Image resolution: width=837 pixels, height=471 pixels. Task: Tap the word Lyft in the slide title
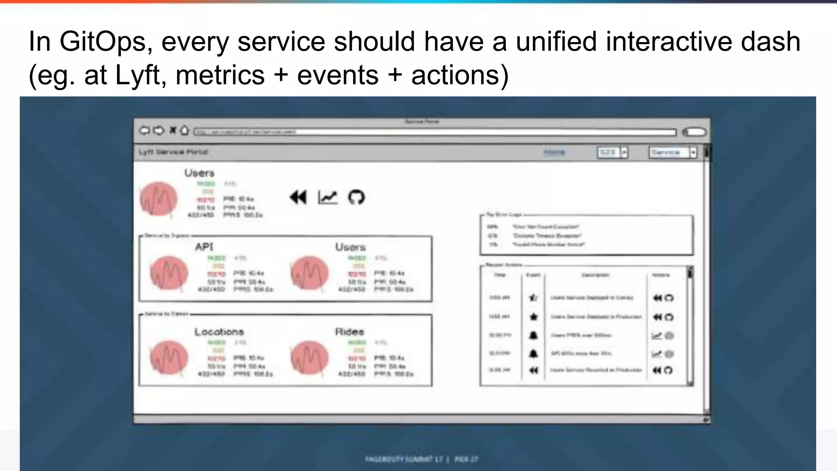point(137,75)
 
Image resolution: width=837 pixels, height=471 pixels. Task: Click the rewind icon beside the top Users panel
point(298,197)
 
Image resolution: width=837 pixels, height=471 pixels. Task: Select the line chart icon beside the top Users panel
point(327,197)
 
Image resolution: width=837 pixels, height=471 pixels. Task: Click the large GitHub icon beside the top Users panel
point(356,197)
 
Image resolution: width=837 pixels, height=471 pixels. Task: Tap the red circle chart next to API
point(169,273)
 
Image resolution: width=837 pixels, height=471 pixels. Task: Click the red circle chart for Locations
point(169,357)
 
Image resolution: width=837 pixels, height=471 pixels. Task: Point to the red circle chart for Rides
point(309,357)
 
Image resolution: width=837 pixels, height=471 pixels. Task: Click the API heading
point(204,247)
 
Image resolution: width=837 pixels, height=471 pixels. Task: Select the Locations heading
point(219,332)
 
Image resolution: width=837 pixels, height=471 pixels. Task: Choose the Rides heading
point(349,332)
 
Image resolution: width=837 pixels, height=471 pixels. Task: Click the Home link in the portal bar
point(554,153)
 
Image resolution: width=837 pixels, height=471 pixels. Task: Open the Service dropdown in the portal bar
point(693,153)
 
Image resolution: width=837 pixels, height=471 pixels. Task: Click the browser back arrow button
point(144,130)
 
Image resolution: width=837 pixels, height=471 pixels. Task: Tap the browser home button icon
point(184,130)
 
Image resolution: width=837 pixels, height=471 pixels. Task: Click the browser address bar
point(435,132)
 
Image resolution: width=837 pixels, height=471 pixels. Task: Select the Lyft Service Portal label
point(173,152)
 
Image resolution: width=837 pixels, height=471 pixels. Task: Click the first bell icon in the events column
point(533,336)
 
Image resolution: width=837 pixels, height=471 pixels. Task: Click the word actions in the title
point(459,75)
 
